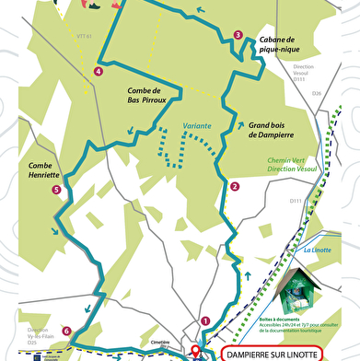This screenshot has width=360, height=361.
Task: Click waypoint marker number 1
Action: [205, 320]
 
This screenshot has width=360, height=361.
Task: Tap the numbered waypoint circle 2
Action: [235, 186]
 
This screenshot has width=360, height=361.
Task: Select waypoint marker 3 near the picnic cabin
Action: [238, 35]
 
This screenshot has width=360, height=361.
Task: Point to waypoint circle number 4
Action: [99, 71]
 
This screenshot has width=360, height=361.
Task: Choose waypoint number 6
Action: [67, 330]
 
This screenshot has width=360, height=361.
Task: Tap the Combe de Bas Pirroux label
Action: [144, 95]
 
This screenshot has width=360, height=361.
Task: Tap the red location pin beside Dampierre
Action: [195, 352]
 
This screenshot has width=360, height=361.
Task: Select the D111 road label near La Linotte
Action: [296, 201]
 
